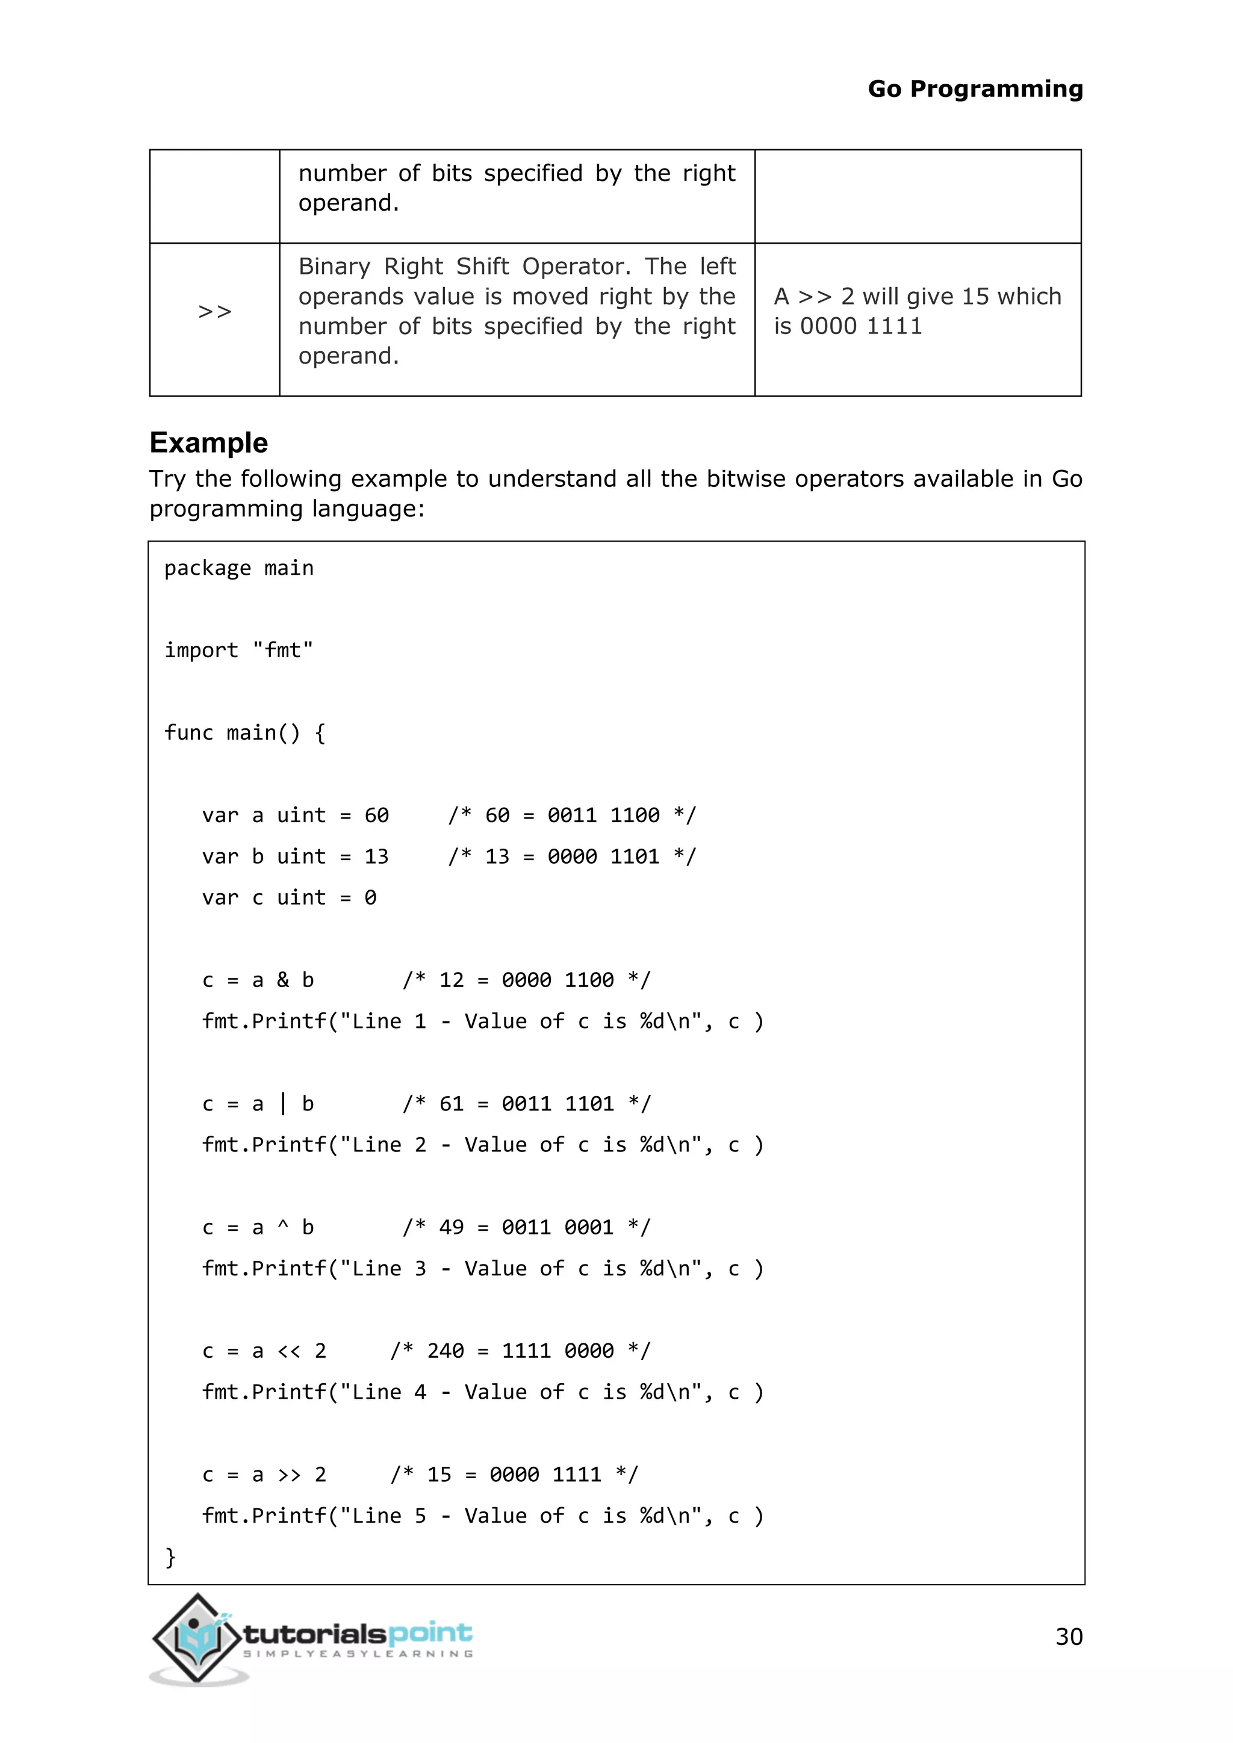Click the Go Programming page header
[975, 89]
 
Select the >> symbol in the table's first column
[214, 311]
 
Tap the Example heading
[209, 442]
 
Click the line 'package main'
[238, 568]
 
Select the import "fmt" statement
[238, 650]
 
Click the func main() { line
[244, 732]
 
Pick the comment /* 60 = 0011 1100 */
[572, 816]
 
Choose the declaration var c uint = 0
[288, 897]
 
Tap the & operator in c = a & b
[282, 980]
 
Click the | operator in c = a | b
[282, 1104]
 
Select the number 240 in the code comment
[445, 1351]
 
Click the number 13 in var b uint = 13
[376, 856]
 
